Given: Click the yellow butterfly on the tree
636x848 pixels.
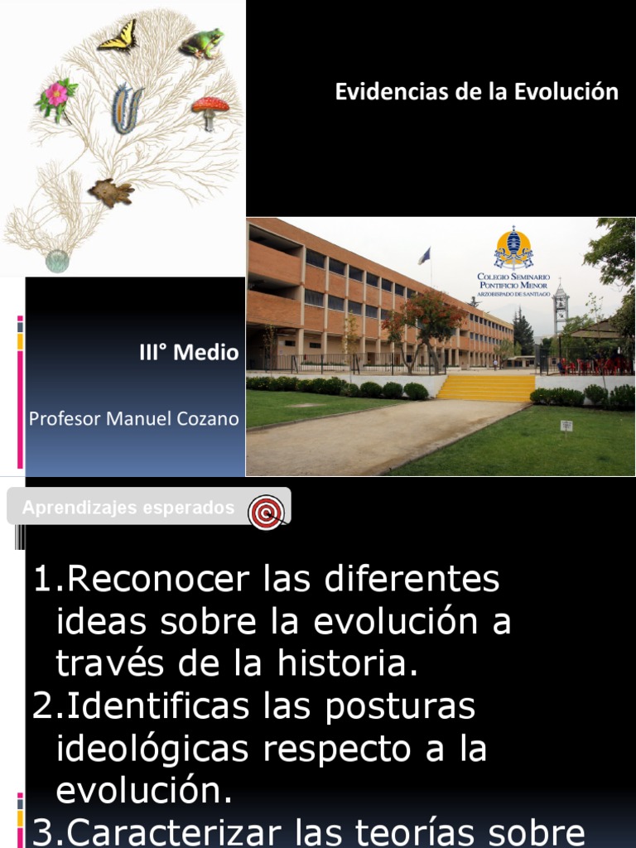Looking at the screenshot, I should coord(118,36).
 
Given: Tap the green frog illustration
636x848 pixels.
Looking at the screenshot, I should coord(202,43).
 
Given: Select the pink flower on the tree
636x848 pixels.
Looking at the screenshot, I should coord(55,95).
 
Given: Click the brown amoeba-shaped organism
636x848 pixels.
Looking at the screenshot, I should coord(111,192).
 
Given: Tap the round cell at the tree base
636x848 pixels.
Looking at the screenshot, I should coord(57,261).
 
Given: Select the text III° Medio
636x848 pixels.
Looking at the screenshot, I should coord(188,354).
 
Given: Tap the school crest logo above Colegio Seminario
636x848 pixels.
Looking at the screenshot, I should coord(513,247).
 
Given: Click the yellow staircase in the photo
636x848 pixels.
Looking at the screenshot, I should coord(487,388).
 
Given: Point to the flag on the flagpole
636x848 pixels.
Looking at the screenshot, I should coord(425,255).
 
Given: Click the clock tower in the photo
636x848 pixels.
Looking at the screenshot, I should coord(561,311).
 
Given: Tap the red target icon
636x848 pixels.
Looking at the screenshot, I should coord(267,512).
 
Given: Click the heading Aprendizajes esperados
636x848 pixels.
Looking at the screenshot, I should coord(128,508).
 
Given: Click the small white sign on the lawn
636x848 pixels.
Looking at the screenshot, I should coord(566,426).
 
